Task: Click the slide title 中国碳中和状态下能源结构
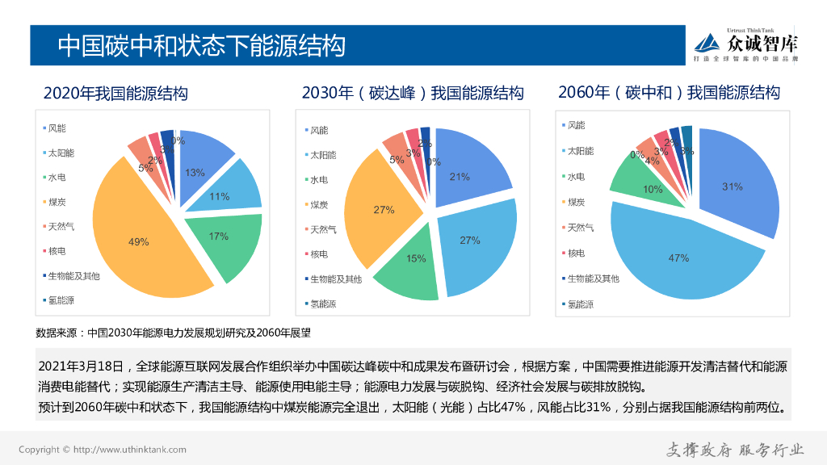[x=202, y=45]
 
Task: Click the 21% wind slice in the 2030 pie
[x=468, y=170]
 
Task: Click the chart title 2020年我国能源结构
[x=115, y=94]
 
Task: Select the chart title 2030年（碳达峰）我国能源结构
[x=413, y=93]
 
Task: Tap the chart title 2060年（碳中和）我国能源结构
[x=670, y=92]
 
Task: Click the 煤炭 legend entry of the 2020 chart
[x=58, y=202]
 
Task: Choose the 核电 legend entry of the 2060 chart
[x=575, y=253]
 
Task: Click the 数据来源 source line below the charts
[x=174, y=332]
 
